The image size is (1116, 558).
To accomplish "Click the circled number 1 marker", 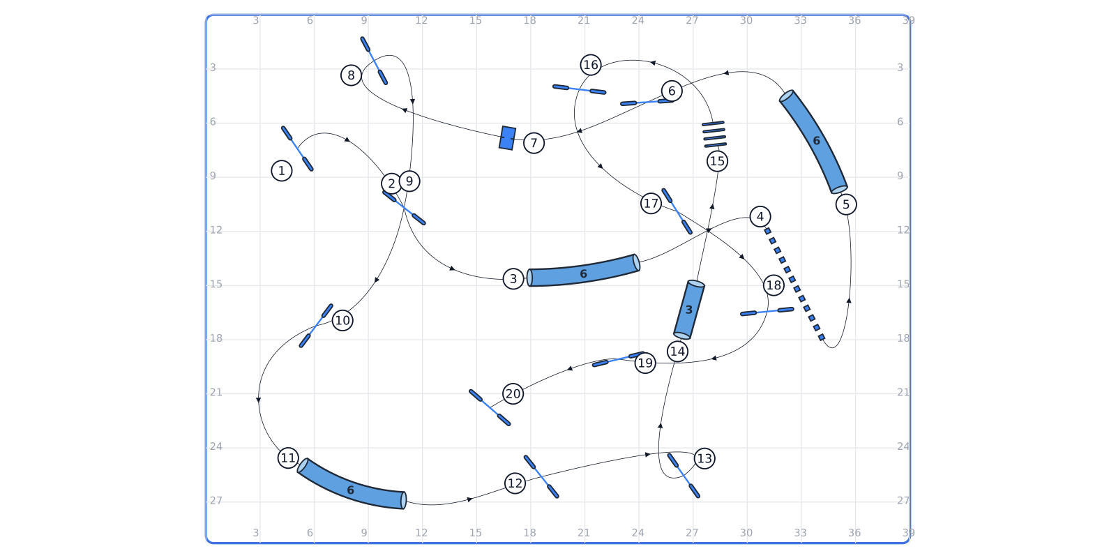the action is (x=282, y=171).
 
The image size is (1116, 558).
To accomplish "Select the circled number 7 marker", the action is (x=534, y=143).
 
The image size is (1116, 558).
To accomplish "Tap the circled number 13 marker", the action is (x=704, y=458).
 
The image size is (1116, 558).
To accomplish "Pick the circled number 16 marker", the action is (x=590, y=65).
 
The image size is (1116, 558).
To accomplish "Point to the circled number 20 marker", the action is (x=513, y=394).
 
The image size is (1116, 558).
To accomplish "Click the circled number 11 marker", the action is (x=288, y=458).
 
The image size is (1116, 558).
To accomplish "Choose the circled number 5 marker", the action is (x=845, y=204).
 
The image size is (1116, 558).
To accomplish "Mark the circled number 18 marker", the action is (x=774, y=285).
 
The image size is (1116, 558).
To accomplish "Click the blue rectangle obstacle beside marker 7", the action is (x=507, y=138).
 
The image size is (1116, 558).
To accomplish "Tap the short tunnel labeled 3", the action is (x=689, y=310).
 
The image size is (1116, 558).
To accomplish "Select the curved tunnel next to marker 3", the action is (x=583, y=271).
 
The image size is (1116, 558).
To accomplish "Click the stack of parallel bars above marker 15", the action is (x=714, y=135).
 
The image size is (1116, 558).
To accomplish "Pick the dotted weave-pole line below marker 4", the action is (x=794, y=284).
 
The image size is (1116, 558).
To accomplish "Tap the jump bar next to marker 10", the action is (x=316, y=326).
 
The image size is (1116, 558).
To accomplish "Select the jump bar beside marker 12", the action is (x=541, y=476).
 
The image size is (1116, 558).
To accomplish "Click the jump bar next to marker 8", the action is (x=374, y=60).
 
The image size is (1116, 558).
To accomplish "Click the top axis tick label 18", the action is (x=529, y=20).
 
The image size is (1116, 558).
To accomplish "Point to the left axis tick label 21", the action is (x=216, y=393).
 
